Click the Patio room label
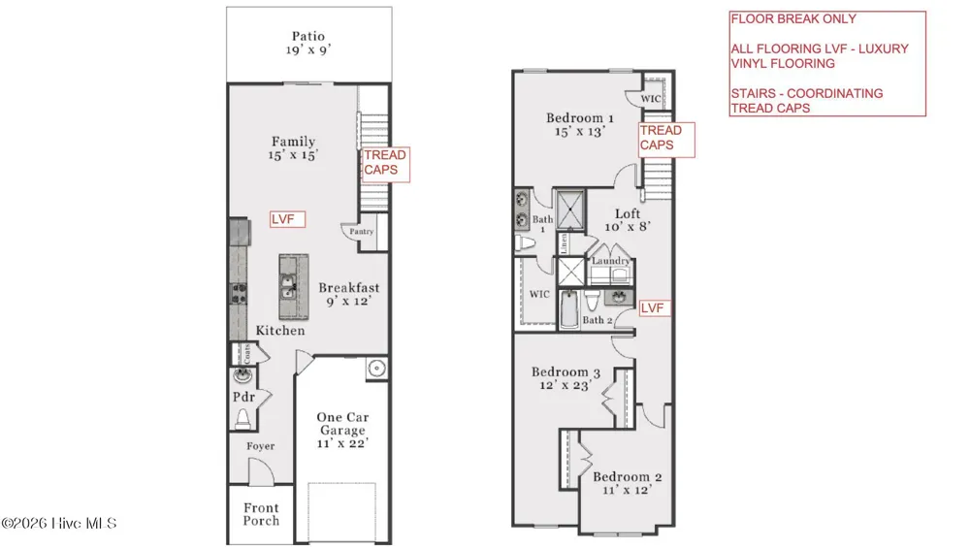tap(308, 37)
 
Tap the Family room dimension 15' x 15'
tap(293, 155)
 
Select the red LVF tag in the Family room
tap(288, 219)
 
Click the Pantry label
tap(361, 231)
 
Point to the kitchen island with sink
tap(293, 286)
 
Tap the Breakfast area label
tap(349, 288)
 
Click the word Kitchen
tap(280, 331)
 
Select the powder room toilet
tap(242, 419)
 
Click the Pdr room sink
tap(242, 374)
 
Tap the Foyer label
tap(260, 446)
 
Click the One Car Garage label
tap(342, 424)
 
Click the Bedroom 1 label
tap(580, 117)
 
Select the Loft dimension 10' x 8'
tap(628, 227)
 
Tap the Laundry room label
tap(610, 260)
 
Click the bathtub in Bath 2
tap(569, 308)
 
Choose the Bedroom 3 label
tap(566, 371)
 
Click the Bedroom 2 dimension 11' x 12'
tap(628, 490)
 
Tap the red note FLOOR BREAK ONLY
tap(793, 19)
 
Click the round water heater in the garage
tap(376, 369)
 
